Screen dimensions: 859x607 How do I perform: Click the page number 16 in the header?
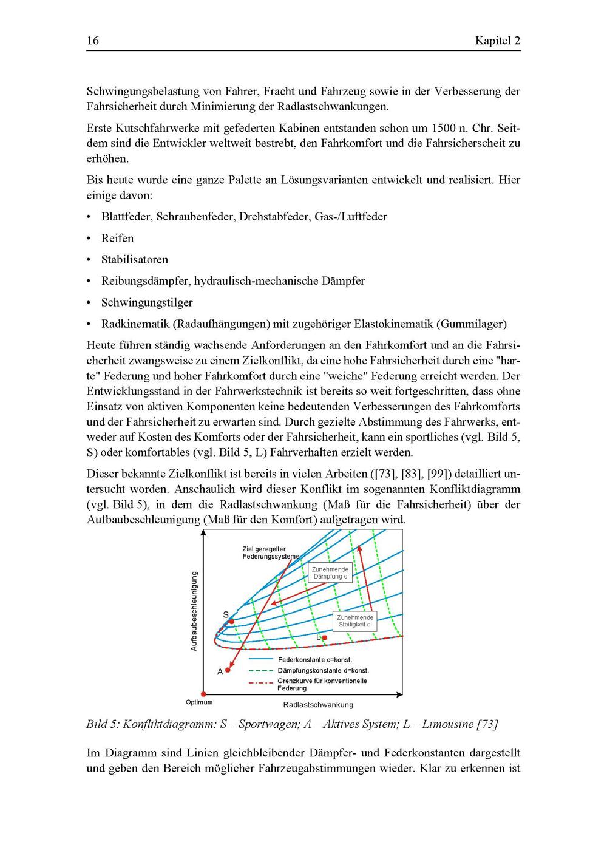tap(92, 41)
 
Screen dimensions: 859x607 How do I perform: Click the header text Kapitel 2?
tap(497, 41)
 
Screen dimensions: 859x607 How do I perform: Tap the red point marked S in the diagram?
tap(231, 621)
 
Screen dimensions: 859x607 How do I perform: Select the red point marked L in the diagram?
tap(325, 637)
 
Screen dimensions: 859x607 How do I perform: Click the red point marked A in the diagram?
tap(228, 670)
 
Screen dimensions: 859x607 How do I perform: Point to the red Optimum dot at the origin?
tap(203, 693)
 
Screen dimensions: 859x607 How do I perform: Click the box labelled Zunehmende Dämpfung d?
tap(330, 572)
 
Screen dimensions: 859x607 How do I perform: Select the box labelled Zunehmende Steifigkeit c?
tap(355, 620)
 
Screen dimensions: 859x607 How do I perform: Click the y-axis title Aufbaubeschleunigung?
tap(194, 611)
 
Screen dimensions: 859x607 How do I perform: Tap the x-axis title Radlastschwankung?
tap(317, 705)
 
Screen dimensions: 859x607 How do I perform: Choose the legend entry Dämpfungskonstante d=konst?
tap(323, 670)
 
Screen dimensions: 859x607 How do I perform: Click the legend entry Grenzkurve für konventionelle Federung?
tap(322, 684)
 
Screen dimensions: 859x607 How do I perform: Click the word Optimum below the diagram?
tap(199, 702)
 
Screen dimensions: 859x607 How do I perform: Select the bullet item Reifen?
tap(117, 238)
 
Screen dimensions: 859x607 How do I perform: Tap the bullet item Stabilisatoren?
tap(135, 259)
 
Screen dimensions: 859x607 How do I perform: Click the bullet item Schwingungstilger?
tap(147, 302)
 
